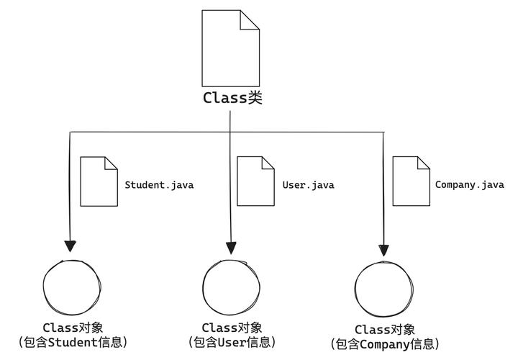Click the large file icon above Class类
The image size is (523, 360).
pyautogui.click(x=230, y=48)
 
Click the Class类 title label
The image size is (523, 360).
pyautogui.click(x=232, y=99)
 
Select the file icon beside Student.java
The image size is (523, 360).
pyautogui.click(x=99, y=181)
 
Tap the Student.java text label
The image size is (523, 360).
pyautogui.click(x=159, y=185)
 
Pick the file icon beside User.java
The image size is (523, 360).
pyautogui.click(x=255, y=181)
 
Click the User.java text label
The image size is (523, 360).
pyautogui.click(x=308, y=185)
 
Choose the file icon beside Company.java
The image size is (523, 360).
pyautogui.click(x=411, y=181)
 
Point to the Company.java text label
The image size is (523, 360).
pyautogui.click(x=469, y=185)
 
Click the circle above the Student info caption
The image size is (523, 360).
pyautogui.click(x=70, y=287)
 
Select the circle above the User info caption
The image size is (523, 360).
pyautogui.click(x=231, y=286)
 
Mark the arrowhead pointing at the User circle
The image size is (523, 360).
pyautogui.click(x=231, y=247)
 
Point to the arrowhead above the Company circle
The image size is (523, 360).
pyautogui.click(x=383, y=249)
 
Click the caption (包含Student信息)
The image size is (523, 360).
pyautogui.click(x=72, y=342)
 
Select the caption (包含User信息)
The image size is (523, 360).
pyautogui.click(x=232, y=342)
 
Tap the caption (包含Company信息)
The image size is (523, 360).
pyautogui.click(x=385, y=344)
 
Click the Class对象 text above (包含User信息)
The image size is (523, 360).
pyautogui.click(x=232, y=328)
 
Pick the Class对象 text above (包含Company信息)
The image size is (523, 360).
pyautogui.click(x=385, y=330)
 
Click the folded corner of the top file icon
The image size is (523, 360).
pyautogui.click(x=250, y=19)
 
